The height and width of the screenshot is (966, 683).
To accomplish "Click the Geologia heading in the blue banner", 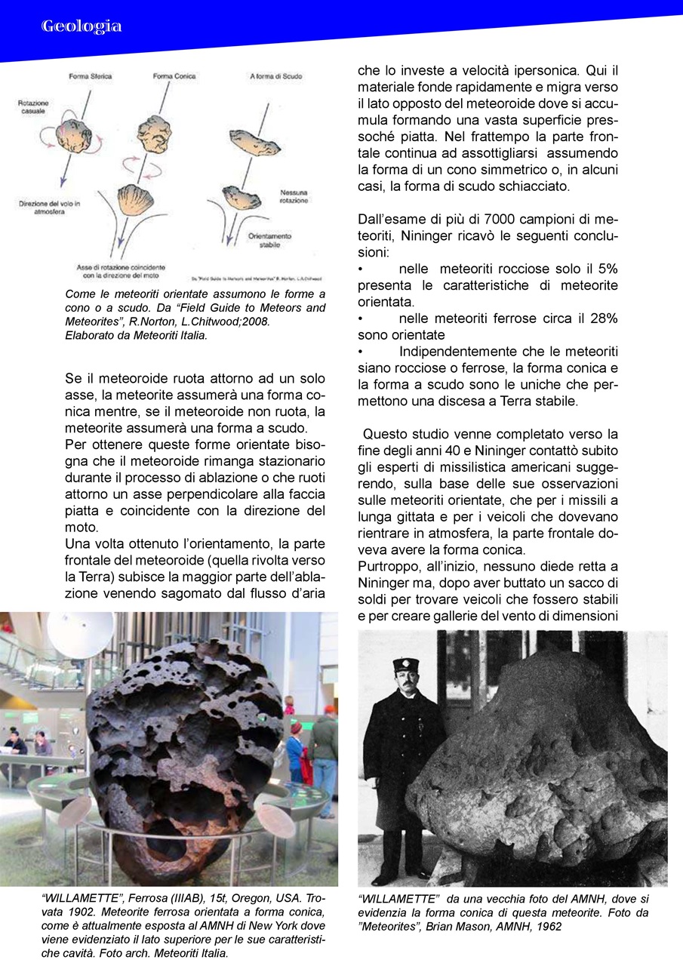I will (82, 26).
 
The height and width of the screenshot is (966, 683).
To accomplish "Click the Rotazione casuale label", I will (33, 106).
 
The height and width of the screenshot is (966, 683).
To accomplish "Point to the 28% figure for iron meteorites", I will (601, 318).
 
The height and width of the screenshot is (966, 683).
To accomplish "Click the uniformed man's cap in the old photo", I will (405, 666).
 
